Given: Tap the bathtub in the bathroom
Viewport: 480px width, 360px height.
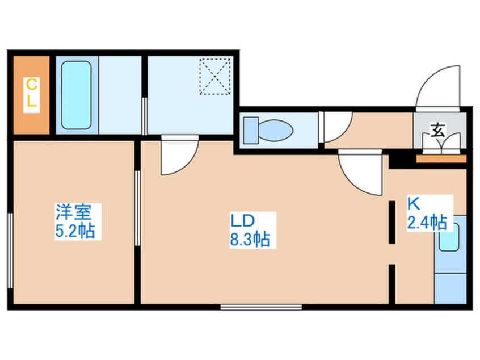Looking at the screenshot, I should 76,95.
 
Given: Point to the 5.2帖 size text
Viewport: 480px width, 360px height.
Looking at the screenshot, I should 74,231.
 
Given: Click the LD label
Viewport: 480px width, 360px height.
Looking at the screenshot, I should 243,220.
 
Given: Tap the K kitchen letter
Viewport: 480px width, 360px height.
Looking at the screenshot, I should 413,203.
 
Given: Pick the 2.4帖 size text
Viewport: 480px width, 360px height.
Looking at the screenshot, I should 426,222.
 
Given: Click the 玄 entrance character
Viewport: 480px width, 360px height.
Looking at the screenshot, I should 439,130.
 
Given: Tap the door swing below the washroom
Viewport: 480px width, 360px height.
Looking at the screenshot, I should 178,157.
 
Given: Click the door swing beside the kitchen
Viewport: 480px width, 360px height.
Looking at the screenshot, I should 360,173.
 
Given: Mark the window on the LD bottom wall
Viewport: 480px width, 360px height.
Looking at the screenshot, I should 260,307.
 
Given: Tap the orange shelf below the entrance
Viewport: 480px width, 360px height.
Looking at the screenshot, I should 441,159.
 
